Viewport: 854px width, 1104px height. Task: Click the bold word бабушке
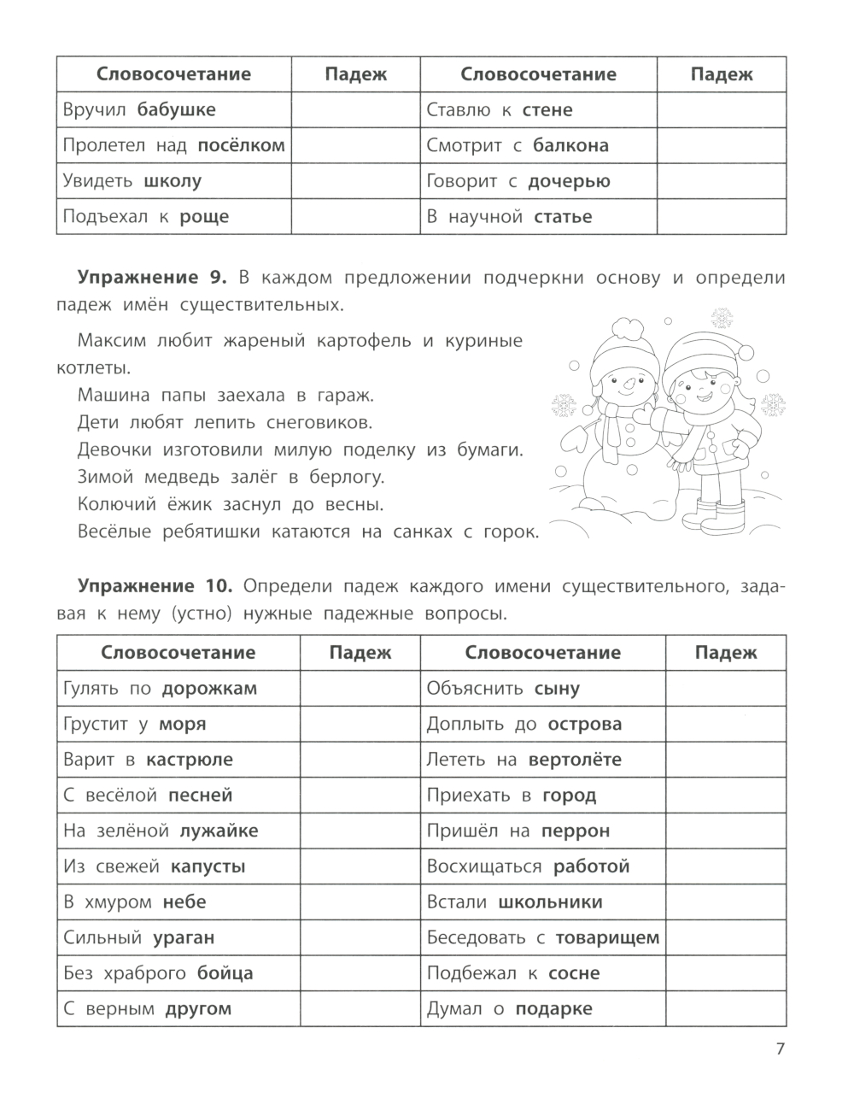[x=176, y=109]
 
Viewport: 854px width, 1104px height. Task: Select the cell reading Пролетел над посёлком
[x=174, y=145]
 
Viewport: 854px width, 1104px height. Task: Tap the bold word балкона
[x=570, y=145]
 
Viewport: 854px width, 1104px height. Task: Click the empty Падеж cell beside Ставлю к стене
[x=721, y=109]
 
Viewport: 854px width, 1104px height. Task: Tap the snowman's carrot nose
[x=629, y=385]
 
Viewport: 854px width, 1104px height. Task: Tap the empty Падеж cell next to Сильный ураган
[x=360, y=937]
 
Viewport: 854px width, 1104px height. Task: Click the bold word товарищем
[x=607, y=937]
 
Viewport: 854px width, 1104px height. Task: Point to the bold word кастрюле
[x=190, y=760]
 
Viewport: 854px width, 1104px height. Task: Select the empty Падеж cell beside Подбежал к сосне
[x=725, y=973]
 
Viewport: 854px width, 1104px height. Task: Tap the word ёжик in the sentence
[x=178, y=503]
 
